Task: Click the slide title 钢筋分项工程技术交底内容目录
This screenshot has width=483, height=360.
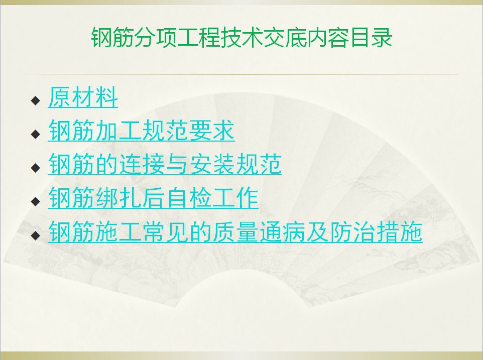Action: click(x=242, y=37)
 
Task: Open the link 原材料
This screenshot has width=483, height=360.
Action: click(x=83, y=97)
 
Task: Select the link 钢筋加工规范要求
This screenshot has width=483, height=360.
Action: click(x=142, y=131)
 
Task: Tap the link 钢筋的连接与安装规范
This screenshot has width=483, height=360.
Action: click(x=165, y=164)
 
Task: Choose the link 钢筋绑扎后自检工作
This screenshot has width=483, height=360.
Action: click(x=153, y=198)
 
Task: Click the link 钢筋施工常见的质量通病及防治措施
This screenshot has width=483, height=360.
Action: click(x=235, y=231)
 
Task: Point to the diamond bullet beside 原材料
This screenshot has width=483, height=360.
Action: click(x=36, y=100)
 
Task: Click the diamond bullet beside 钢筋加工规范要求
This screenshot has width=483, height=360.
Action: click(x=36, y=134)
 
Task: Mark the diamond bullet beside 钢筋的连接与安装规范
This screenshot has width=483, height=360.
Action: click(x=36, y=168)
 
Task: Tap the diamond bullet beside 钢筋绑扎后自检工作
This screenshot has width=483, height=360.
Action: click(x=36, y=201)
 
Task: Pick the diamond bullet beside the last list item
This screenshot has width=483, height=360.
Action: click(x=36, y=235)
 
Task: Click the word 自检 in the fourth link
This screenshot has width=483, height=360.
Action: click(x=188, y=198)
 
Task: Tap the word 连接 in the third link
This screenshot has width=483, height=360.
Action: click(x=142, y=164)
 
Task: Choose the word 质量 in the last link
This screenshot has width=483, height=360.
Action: click(x=235, y=231)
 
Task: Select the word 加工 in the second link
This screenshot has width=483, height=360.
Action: click(x=118, y=131)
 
